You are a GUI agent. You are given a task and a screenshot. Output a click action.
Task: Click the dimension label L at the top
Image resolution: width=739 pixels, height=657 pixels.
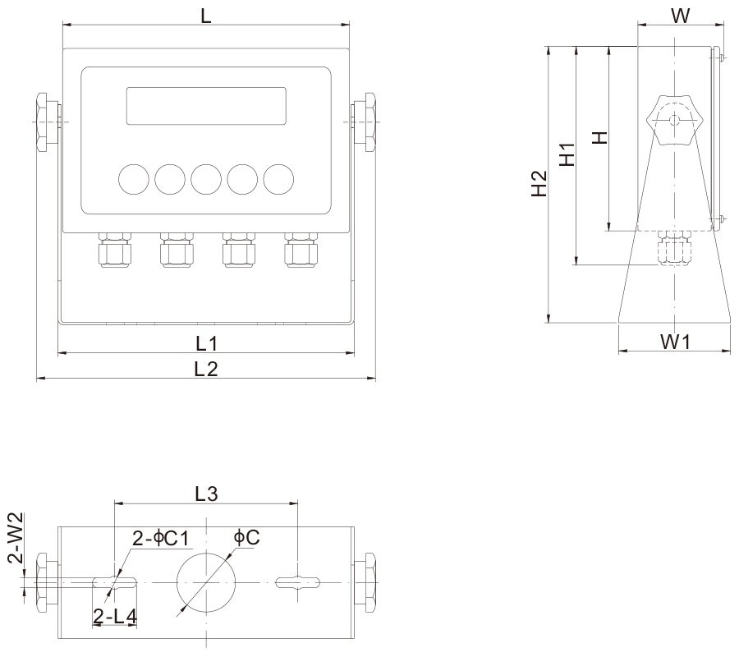point(205,14)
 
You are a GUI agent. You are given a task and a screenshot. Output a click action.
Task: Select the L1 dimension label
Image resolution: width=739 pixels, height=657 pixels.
point(205,342)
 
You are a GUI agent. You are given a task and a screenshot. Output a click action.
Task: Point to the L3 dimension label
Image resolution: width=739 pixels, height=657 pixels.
point(205,494)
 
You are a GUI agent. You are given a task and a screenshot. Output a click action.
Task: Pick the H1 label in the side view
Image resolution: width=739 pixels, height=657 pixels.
point(567,154)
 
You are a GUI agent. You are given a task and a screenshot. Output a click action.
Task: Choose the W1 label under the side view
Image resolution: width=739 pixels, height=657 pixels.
point(674,341)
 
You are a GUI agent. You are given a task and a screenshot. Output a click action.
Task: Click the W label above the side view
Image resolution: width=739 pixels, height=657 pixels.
point(680,16)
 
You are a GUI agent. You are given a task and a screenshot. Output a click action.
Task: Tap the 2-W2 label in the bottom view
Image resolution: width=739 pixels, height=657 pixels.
point(15,538)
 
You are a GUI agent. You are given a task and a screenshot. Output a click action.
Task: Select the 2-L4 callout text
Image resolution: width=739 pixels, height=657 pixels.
point(115,616)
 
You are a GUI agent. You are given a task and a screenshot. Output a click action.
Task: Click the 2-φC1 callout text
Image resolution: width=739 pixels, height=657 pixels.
point(162,538)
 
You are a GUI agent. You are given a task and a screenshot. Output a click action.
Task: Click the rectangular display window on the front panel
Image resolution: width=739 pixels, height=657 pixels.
point(206,106)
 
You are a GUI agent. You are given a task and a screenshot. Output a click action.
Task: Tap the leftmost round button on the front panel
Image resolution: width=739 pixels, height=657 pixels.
point(132,177)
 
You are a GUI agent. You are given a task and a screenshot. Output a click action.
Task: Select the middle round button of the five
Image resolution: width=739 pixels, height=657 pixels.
point(205,177)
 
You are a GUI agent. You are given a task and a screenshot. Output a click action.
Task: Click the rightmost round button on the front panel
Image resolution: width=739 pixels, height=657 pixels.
point(278,177)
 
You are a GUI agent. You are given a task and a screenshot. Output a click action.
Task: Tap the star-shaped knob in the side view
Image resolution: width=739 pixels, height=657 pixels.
point(674,120)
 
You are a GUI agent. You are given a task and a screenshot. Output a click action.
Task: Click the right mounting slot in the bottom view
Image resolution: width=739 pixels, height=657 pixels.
point(296,582)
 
